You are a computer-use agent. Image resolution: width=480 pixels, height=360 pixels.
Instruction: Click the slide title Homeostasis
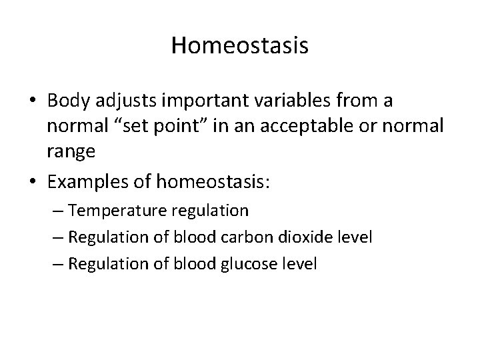[x=239, y=45]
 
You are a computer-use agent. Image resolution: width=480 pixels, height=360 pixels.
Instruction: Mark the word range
[x=71, y=151]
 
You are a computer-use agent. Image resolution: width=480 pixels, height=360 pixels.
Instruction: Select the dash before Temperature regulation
[x=58, y=212]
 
